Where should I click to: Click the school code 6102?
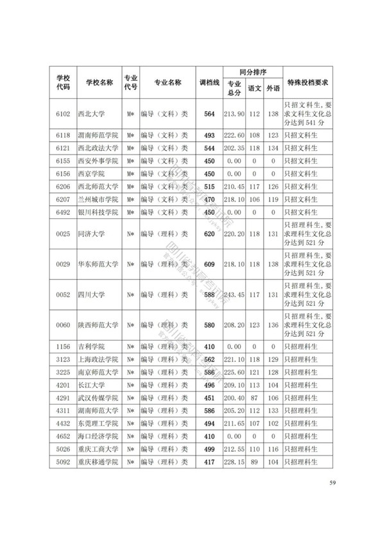[x=62, y=114]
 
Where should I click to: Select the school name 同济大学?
[x=91, y=235]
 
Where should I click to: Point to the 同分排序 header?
[x=252, y=72]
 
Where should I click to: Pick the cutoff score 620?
[x=209, y=235]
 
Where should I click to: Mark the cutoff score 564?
[x=209, y=114]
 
